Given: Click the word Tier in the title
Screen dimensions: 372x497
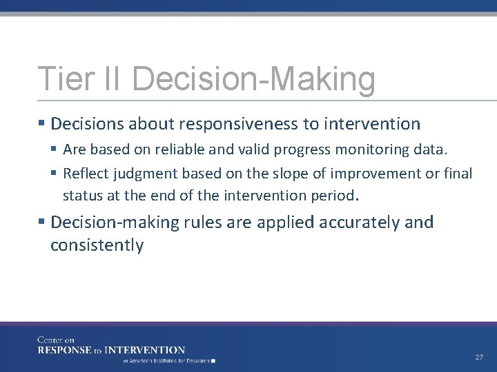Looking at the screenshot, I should point(60,79).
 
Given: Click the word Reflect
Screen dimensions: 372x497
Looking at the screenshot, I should point(86,173).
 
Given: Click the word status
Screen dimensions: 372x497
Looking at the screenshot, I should point(81,195).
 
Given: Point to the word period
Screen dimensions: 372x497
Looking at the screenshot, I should point(331,195).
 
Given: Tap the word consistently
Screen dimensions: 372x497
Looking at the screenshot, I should point(97,245).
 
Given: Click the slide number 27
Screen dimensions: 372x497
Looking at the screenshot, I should point(478,358).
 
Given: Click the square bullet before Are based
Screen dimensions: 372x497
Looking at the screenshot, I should point(55,149).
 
